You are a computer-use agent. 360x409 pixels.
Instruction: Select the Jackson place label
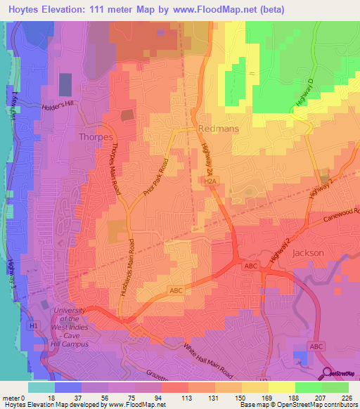308,252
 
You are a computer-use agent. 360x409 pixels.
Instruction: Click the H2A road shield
210,181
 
